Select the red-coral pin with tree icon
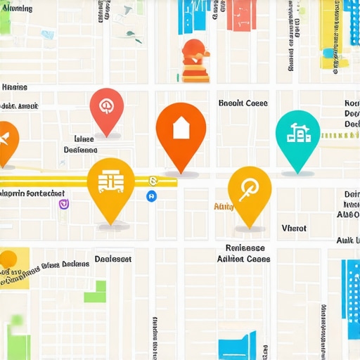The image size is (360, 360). tap(107, 109)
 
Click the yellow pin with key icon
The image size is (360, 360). tap(250, 191)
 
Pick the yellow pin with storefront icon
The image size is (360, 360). tap(110, 184)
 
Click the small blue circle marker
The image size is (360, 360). tap(151, 197)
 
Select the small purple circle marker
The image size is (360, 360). tap(64, 205)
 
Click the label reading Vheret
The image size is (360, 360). tap(294, 228)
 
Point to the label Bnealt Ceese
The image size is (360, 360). tap(243, 103)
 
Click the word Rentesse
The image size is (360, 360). tap(245, 248)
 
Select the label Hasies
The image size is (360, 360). tap(15, 88)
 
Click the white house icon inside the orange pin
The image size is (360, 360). tap(181, 127)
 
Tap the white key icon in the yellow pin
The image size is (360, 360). tap(250, 188)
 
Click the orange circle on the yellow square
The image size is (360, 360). tap(8, 259)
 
